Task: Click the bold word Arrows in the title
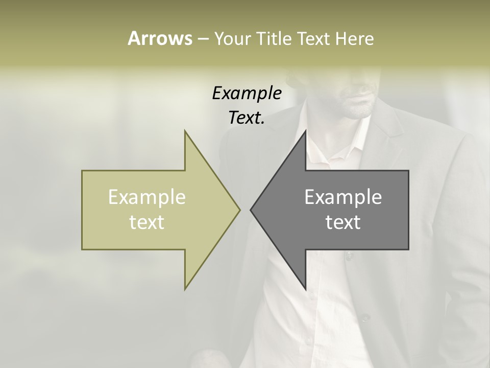pyautogui.click(x=160, y=38)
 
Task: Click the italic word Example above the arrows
pyautogui.click(x=247, y=93)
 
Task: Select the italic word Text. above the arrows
pyautogui.click(x=247, y=118)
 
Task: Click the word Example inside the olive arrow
pyautogui.click(x=147, y=197)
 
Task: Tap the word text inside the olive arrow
pyautogui.click(x=147, y=222)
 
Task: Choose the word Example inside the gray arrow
pyautogui.click(x=343, y=197)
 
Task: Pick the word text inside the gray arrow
pyautogui.click(x=343, y=222)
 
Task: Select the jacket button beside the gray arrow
pyautogui.click(x=349, y=254)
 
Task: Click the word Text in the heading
pyautogui.click(x=313, y=38)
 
